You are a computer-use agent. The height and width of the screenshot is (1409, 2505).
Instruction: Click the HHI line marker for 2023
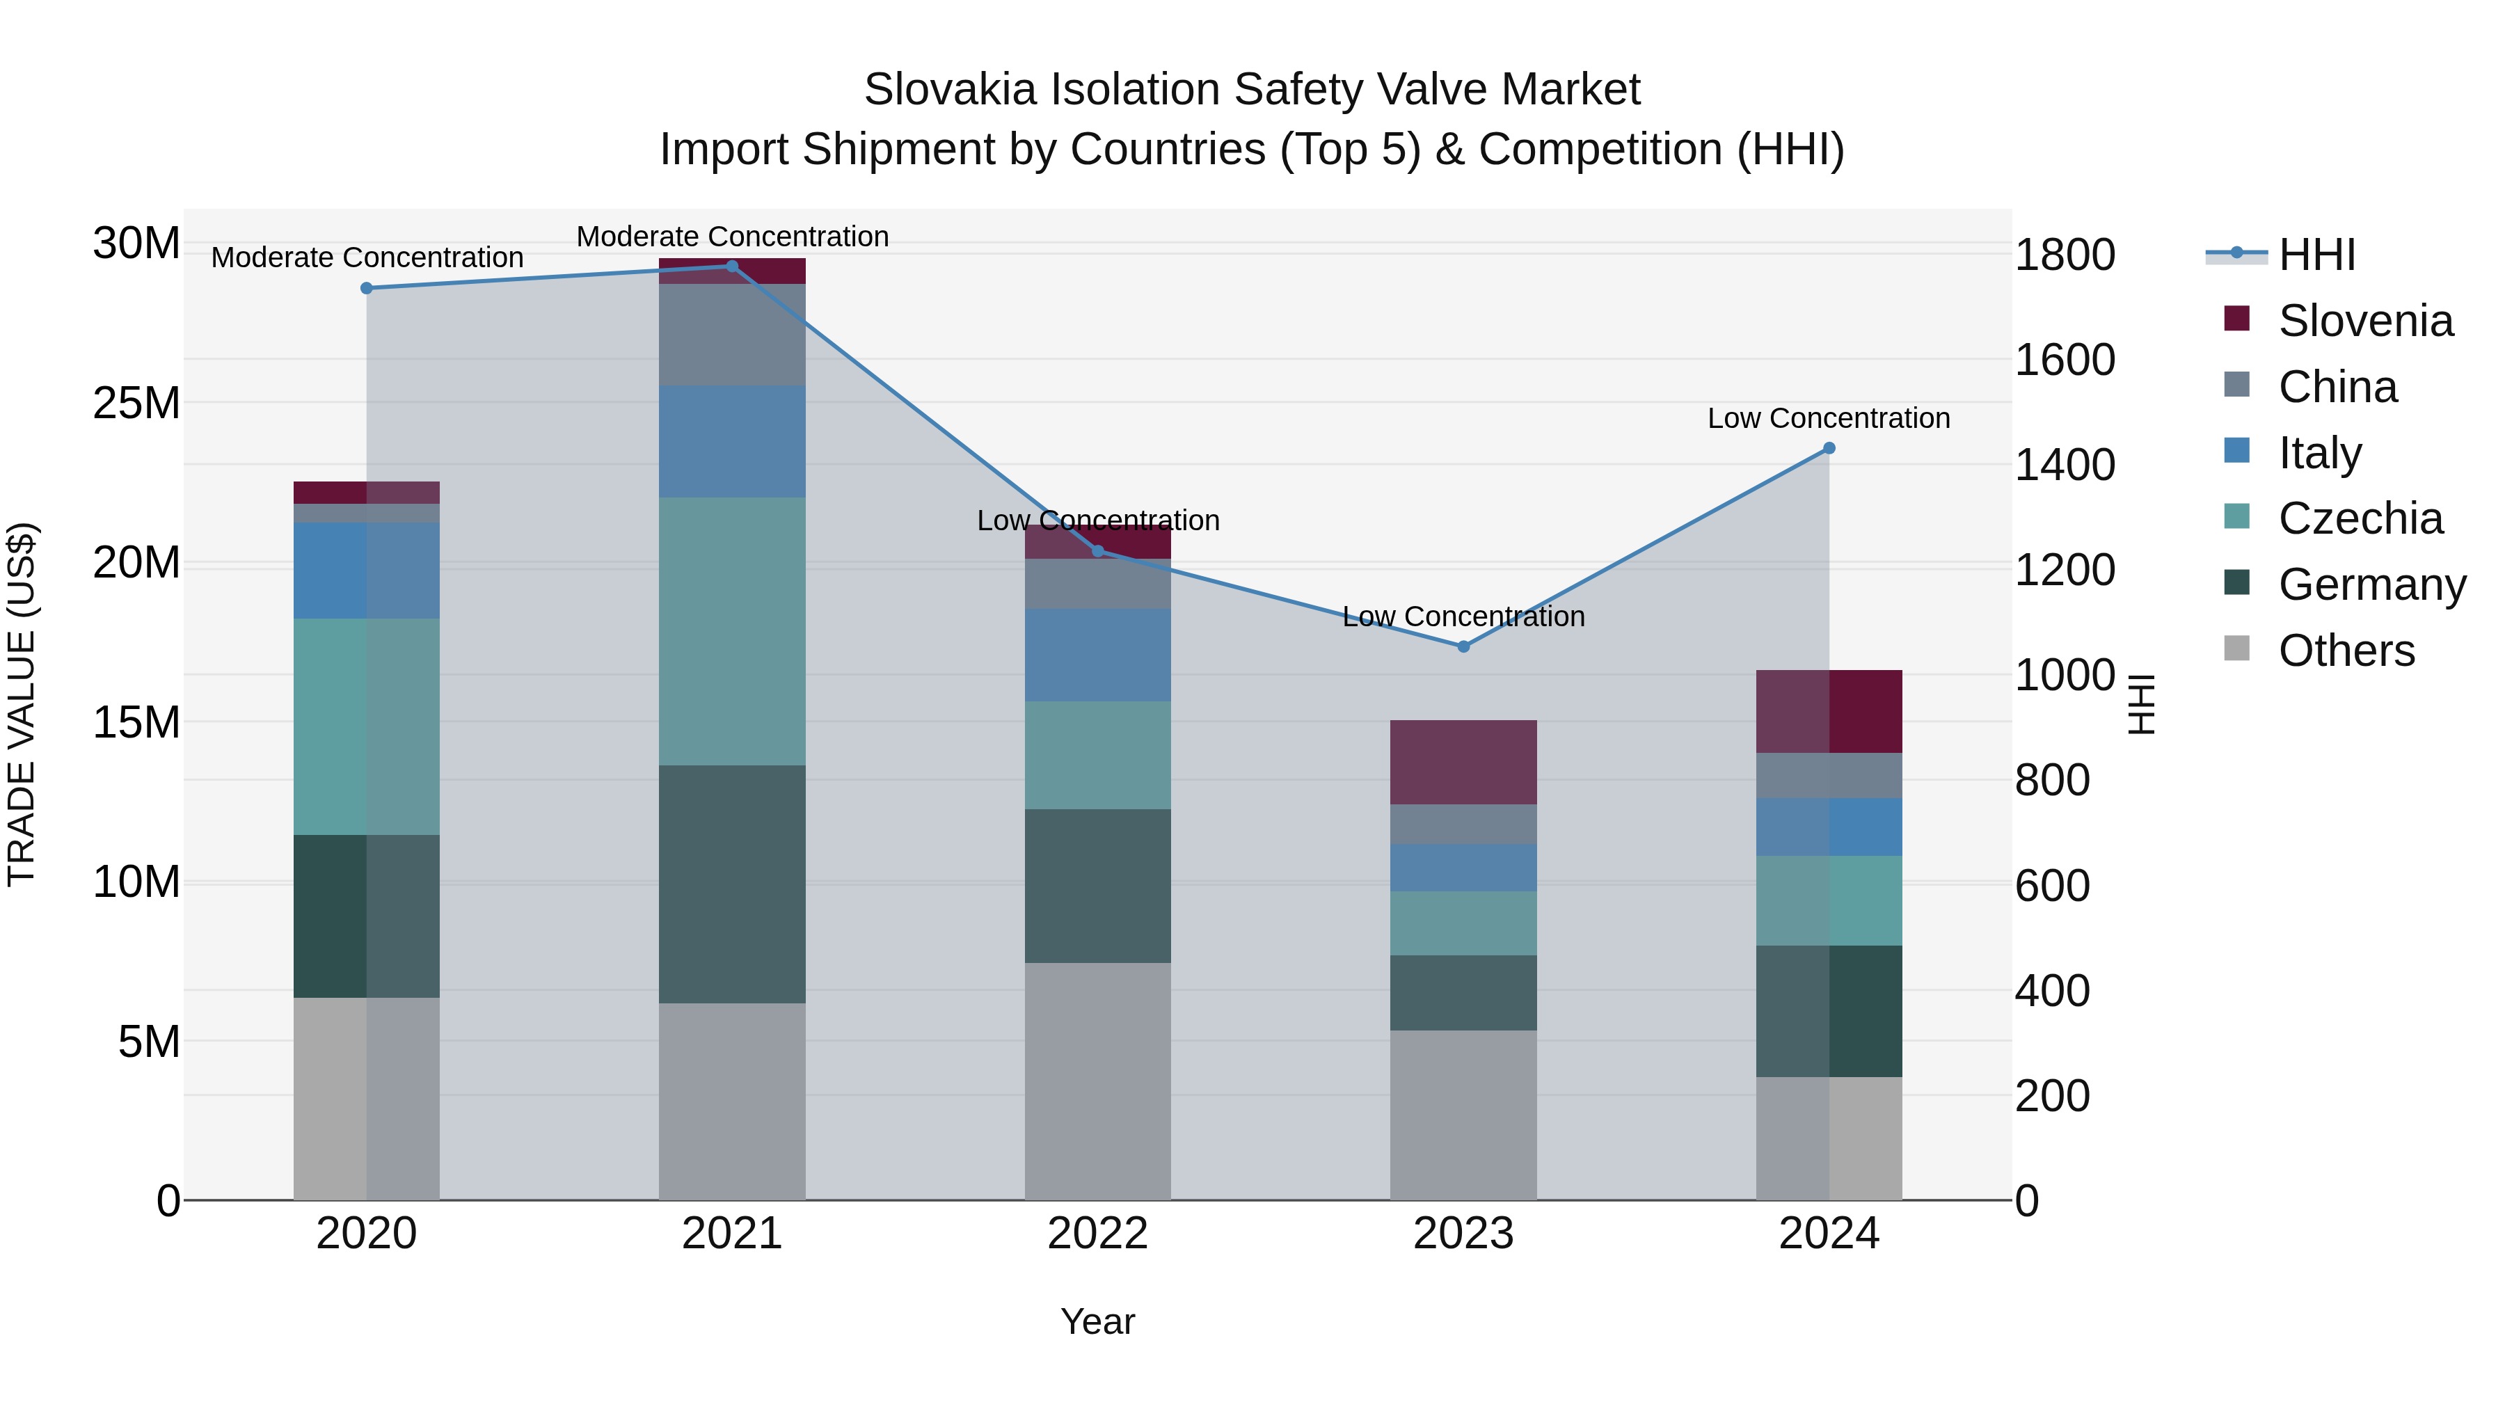(1463, 646)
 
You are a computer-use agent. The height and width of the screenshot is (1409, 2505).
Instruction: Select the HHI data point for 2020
(367, 289)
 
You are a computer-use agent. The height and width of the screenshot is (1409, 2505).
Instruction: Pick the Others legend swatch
(2236, 648)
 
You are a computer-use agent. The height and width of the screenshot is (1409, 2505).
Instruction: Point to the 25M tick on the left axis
(136, 403)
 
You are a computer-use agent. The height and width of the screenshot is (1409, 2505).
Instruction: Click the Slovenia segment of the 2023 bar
(1463, 763)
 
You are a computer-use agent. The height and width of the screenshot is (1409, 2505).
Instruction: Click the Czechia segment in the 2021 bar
(732, 631)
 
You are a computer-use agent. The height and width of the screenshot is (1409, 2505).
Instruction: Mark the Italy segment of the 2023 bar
(1463, 868)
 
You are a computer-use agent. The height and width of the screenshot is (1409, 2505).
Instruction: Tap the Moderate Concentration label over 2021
(732, 237)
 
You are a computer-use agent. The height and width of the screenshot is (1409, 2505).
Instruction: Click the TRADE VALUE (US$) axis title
(22, 704)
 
